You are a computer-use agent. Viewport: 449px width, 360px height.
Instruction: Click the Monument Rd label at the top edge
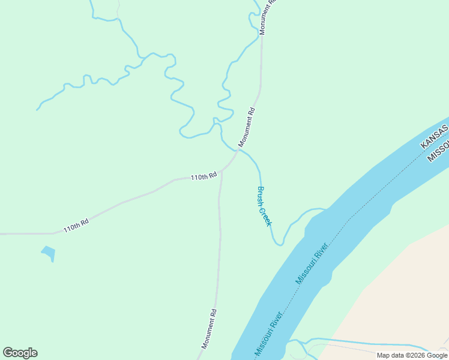(x=267, y=13)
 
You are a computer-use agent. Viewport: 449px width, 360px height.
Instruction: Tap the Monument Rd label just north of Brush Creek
(x=247, y=127)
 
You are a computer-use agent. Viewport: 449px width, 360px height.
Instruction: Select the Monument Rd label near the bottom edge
(x=209, y=329)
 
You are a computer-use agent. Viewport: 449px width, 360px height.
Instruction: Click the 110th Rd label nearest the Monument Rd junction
(x=203, y=177)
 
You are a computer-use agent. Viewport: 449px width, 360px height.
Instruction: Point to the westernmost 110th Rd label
(x=76, y=226)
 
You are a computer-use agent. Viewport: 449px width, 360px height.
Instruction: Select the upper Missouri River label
(x=311, y=263)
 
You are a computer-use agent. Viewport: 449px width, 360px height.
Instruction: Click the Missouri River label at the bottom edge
(x=268, y=333)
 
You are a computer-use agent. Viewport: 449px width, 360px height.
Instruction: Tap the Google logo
(x=20, y=353)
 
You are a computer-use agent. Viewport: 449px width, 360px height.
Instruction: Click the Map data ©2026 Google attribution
(x=412, y=355)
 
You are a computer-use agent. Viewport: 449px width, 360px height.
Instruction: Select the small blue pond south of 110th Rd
(x=49, y=253)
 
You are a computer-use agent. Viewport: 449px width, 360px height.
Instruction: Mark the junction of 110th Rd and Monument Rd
(x=222, y=170)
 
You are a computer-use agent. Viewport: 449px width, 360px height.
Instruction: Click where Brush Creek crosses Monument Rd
(x=240, y=149)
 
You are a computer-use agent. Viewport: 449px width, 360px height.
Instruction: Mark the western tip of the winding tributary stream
(x=37, y=110)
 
